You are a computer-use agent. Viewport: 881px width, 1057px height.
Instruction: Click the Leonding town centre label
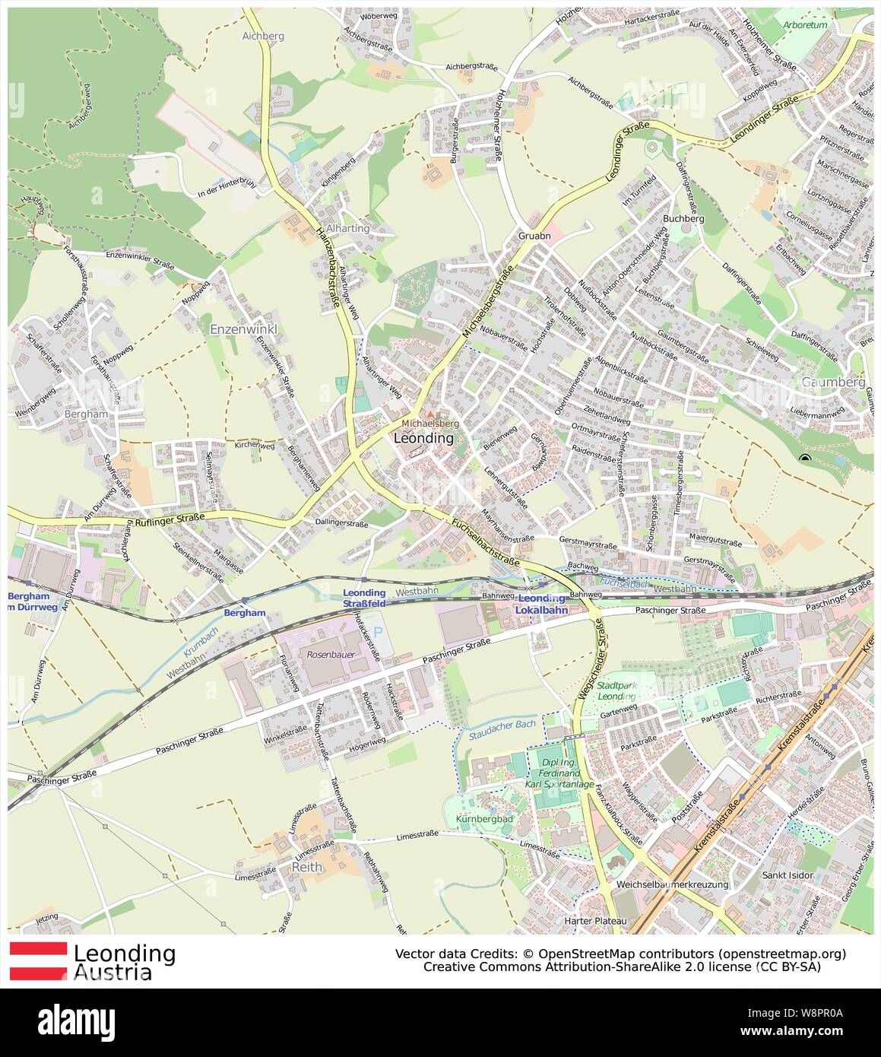(424, 439)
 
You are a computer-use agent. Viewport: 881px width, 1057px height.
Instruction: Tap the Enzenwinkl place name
(243, 329)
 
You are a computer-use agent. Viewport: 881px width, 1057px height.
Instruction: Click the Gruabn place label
(534, 236)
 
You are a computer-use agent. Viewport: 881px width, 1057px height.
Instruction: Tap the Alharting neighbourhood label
(350, 228)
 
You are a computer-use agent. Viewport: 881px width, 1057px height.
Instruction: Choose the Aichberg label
(262, 36)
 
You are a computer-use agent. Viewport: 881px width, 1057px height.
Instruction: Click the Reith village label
(307, 867)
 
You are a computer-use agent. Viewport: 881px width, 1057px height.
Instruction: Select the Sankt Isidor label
(788, 875)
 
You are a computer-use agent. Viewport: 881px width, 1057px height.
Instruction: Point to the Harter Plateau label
(595, 922)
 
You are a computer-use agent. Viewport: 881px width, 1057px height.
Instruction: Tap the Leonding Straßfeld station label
(364, 598)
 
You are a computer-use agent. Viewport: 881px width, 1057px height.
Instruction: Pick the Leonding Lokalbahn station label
(542, 604)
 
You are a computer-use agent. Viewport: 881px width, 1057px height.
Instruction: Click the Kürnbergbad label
(485, 819)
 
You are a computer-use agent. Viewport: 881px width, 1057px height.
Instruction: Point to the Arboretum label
(805, 25)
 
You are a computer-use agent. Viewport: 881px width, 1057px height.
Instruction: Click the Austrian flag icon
(37, 960)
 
